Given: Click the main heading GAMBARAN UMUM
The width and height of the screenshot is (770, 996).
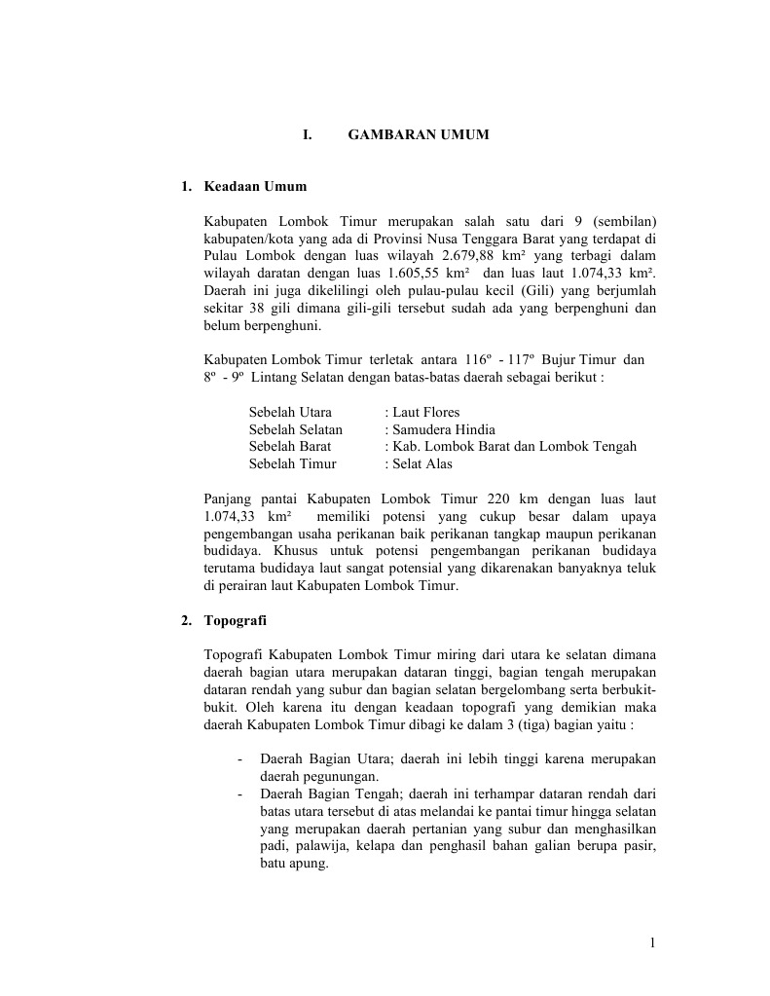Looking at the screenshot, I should pos(419,134).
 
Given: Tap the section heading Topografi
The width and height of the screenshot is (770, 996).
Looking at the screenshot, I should pos(236,620).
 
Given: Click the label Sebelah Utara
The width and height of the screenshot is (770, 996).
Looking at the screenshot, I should pos(290,412).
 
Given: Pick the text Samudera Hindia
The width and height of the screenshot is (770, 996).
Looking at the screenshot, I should pos(440,429).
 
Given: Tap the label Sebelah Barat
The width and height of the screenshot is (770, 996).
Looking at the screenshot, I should pos(290,447).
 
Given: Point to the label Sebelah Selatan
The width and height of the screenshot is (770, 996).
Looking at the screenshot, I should pos(295,429).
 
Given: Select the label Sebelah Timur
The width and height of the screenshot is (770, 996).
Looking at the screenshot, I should pos(292,464).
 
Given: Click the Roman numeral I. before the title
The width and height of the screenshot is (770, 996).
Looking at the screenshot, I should pos(308,134).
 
